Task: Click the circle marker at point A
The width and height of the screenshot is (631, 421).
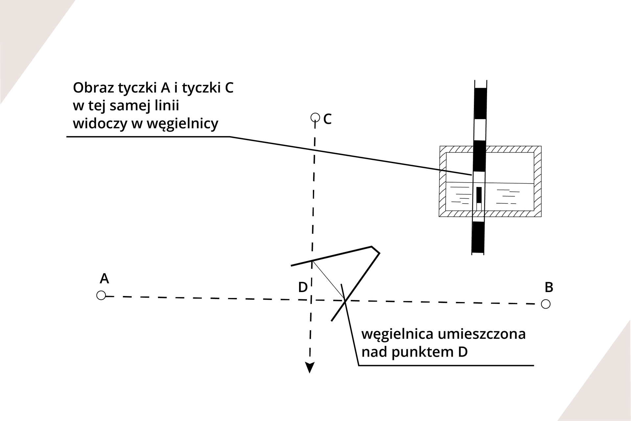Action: point(101,295)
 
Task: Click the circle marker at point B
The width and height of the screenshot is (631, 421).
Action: point(546,304)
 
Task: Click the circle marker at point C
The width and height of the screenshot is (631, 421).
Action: point(315,117)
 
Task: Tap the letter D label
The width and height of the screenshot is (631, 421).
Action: point(303,287)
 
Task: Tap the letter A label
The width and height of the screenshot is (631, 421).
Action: point(104,279)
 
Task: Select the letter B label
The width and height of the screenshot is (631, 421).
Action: point(549,287)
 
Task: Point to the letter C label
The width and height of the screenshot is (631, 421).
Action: point(327,119)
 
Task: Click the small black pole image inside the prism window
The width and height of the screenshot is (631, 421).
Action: point(479,195)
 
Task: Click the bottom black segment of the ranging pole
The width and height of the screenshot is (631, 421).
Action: point(478,237)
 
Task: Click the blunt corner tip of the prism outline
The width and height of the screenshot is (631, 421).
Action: point(376,249)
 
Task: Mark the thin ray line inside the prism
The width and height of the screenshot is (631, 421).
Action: point(328,280)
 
